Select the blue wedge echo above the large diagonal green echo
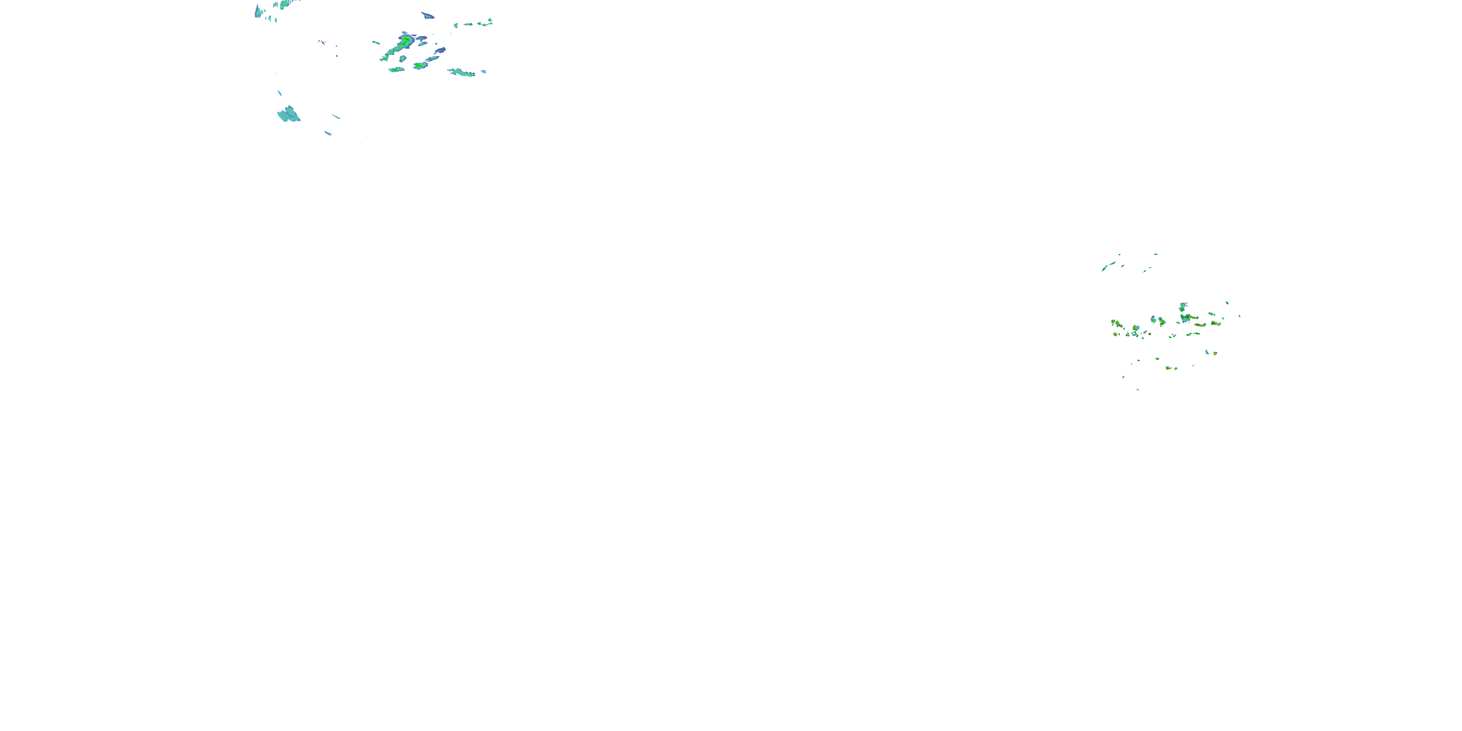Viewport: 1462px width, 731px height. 427,15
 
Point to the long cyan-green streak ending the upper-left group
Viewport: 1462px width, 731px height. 462,72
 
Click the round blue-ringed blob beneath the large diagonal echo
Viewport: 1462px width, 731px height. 403,58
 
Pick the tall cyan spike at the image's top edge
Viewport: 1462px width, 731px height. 258,11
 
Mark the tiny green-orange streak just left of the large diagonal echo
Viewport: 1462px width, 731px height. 376,42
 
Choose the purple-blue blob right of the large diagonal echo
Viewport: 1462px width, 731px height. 441,51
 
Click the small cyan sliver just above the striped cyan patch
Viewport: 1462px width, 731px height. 279,93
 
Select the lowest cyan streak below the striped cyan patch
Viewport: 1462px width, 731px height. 328,134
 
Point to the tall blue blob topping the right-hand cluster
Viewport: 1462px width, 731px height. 1183,307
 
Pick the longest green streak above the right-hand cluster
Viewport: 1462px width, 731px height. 1108,266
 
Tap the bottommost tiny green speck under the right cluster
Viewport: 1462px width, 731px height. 1138,389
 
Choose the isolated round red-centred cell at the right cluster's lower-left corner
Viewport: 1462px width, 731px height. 1115,334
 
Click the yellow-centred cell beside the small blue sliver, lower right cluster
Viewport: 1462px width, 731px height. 1214,353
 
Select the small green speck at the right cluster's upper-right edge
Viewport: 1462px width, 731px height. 1227,303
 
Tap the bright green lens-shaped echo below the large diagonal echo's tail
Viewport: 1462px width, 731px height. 396,70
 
